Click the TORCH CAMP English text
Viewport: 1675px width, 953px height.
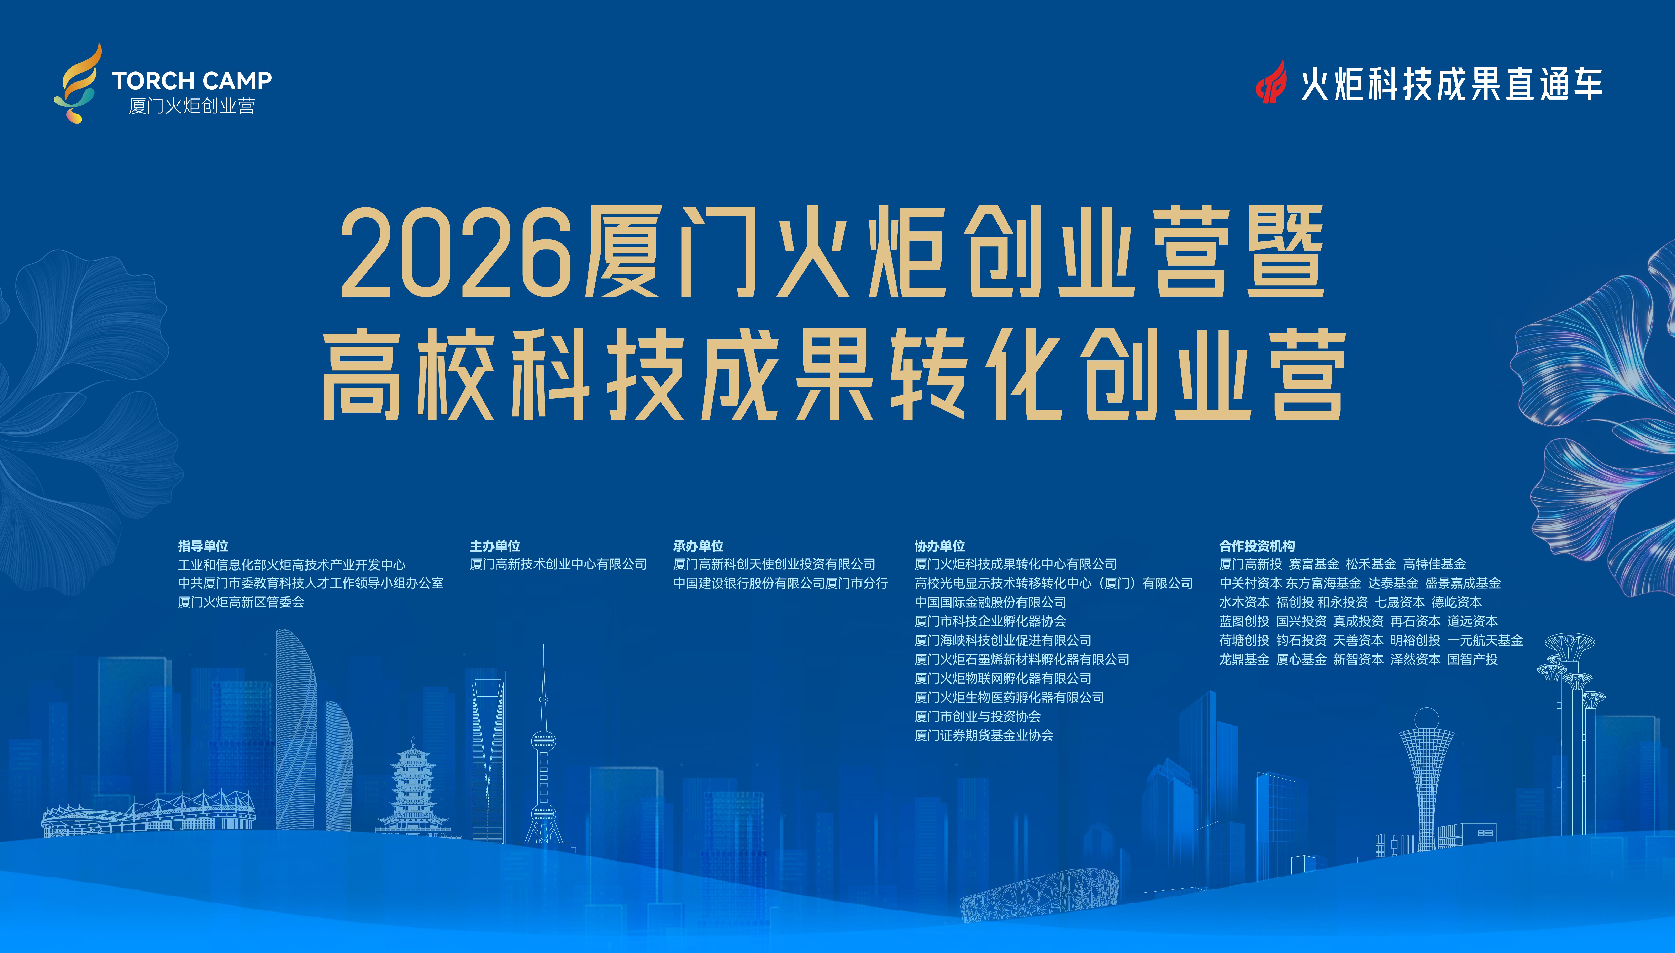click(x=192, y=81)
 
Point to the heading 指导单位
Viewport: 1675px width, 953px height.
click(x=203, y=546)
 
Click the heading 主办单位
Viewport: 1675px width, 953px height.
click(x=495, y=546)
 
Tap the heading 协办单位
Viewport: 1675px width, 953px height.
click(x=940, y=546)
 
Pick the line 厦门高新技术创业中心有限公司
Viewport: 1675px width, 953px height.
click(x=558, y=564)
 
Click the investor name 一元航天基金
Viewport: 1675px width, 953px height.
click(x=1485, y=640)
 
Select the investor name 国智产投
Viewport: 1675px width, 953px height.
click(x=1473, y=659)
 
